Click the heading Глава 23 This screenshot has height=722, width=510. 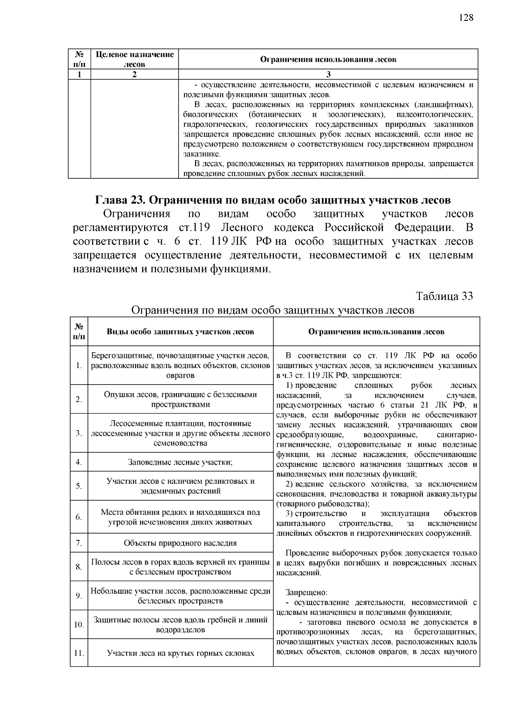click(x=120, y=200)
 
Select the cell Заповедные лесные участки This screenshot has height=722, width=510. click(x=180, y=462)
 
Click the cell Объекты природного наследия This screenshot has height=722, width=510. click(x=180, y=543)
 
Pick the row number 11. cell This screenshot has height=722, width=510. click(x=79, y=653)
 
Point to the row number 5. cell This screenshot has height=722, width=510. click(x=79, y=486)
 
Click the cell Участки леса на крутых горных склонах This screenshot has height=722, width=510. click(x=180, y=653)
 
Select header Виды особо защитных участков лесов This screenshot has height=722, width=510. click(x=180, y=331)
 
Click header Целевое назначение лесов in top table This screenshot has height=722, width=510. click(x=135, y=60)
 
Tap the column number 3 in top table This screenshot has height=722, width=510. click(x=328, y=74)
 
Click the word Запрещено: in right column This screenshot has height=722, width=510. click(x=306, y=592)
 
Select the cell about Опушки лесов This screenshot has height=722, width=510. click(x=180, y=399)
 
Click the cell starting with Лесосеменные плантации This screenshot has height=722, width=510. click(x=180, y=433)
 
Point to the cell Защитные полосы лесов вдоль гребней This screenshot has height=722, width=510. click(x=180, y=625)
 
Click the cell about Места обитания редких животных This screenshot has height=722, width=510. click(x=180, y=517)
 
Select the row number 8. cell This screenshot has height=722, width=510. click(x=79, y=567)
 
